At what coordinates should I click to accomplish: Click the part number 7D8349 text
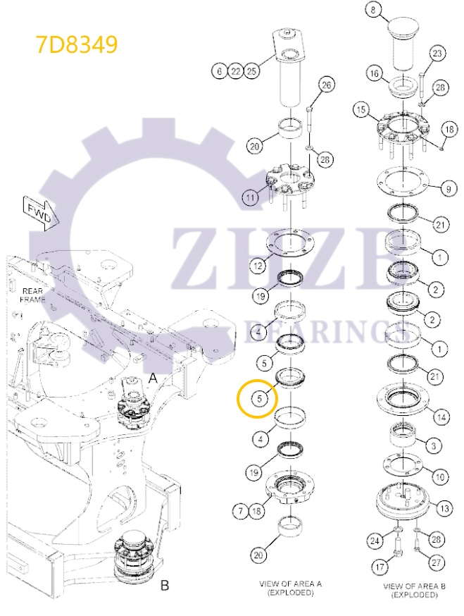(x=77, y=44)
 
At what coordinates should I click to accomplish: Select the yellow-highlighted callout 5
(x=259, y=399)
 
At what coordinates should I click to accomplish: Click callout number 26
(x=325, y=86)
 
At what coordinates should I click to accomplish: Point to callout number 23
(x=437, y=54)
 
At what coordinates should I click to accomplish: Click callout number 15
(x=361, y=110)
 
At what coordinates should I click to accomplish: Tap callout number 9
(x=447, y=188)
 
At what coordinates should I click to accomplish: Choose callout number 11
(x=250, y=198)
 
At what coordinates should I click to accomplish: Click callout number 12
(x=257, y=265)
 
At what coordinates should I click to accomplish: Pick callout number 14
(x=441, y=417)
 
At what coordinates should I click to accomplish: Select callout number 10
(x=440, y=476)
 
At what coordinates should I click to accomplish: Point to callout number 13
(x=444, y=507)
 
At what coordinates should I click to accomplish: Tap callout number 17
(x=380, y=565)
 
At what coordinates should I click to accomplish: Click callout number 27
(x=437, y=562)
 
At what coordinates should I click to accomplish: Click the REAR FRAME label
(x=33, y=295)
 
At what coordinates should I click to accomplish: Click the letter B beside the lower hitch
(x=165, y=585)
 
